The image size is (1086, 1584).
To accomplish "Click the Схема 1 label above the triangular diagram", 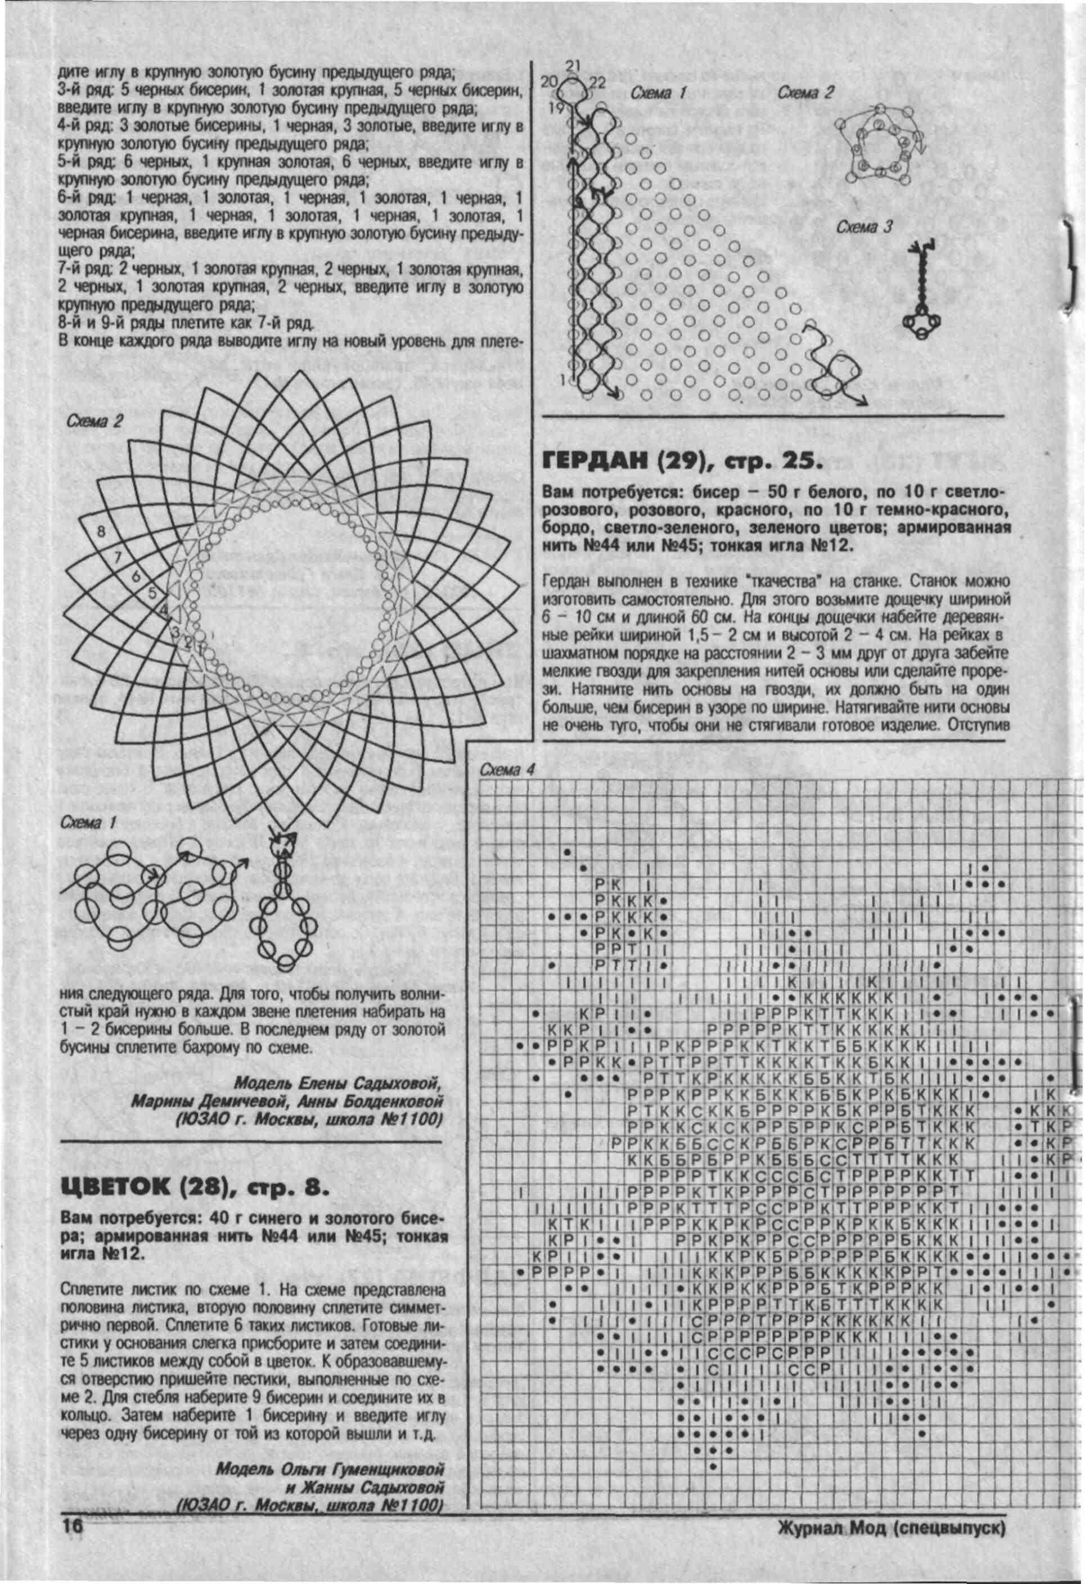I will (x=657, y=93).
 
